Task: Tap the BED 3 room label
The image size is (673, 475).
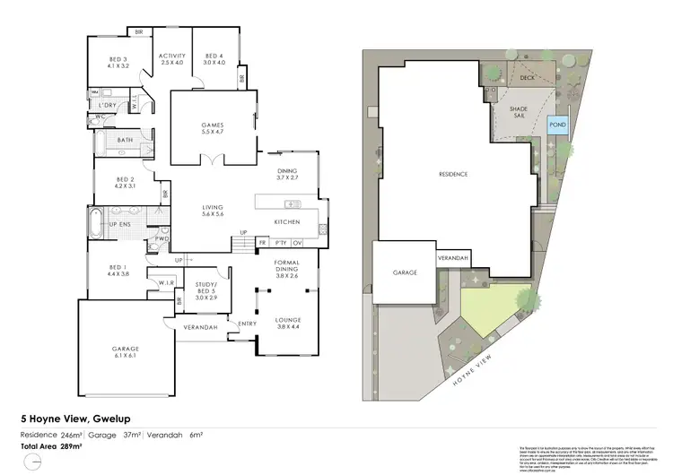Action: tap(118, 62)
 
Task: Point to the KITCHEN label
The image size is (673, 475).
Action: tap(286, 221)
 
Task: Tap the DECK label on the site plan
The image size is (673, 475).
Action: tap(528, 78)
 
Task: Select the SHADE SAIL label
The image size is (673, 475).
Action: tap(521, 116)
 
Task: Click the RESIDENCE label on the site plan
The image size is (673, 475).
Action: tap(453, 174)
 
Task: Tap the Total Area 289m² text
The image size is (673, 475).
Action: tap(52, 445)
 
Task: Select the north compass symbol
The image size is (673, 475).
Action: tap(33, 462)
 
